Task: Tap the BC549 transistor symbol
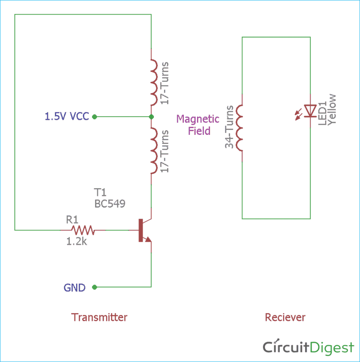coord(143,230)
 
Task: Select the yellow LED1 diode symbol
coord(310,110)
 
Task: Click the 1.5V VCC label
coord(67,116)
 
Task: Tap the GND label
coord(74,287)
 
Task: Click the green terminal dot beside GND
coord(94,287)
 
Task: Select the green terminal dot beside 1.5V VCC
coord(94,117)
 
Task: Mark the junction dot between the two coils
coord(151,117)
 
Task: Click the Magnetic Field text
coord(198,125)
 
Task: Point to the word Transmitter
coord(99,317)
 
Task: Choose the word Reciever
coord(285,317)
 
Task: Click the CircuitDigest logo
coord(308,347)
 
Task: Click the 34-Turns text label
coord(230,128)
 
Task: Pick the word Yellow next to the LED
coord(332,110)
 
